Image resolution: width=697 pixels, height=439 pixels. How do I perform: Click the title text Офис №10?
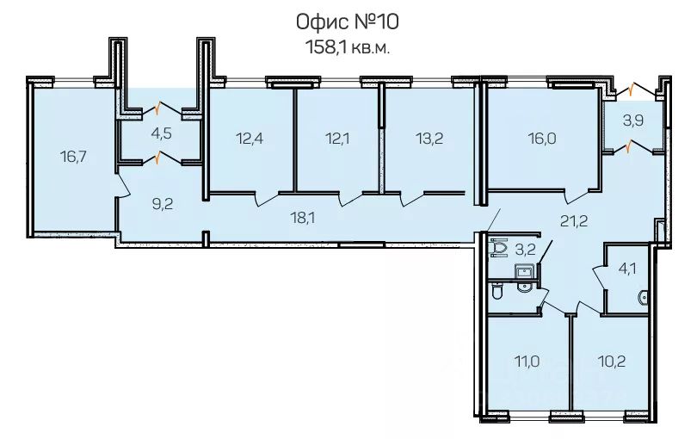click(347, 22)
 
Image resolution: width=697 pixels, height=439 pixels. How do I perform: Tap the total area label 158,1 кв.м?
click(347, 46)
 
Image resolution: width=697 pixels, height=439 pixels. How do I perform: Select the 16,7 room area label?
click(73, 157)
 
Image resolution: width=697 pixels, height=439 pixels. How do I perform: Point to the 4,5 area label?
click(161, 133)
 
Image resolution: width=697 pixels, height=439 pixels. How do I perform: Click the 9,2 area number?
click(163, 205)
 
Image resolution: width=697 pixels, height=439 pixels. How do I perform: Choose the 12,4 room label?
click(250, 139)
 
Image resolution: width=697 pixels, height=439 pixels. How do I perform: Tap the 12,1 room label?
click(336, 139)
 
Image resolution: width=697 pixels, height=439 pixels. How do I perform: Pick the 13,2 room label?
click(429, 139)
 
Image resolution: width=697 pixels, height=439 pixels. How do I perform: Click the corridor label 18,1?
click(302, 218)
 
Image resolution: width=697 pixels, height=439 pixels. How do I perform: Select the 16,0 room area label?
click(542, 139)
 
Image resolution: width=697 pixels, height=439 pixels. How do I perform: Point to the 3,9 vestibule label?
click(633, 121)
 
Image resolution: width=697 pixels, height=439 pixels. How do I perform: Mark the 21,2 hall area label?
click(574, 220)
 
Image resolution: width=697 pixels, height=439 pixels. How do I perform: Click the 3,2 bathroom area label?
click(525, 249)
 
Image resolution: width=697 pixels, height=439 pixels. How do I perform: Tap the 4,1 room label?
click(626, 269)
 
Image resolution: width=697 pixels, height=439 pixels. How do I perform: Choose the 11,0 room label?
click(527, 361)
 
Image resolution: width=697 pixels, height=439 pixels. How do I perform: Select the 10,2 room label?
click(612, 361)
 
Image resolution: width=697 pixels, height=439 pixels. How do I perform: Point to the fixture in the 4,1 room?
click(643, 299)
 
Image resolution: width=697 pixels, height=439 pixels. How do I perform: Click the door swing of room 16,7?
click(123, 185)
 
